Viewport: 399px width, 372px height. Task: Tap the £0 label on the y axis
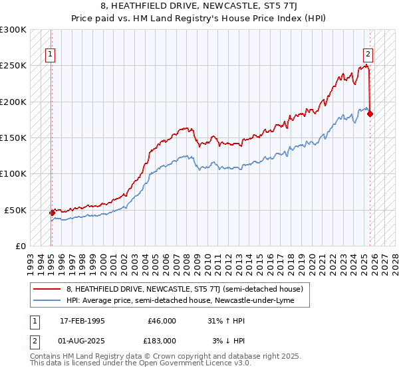coord(20,246)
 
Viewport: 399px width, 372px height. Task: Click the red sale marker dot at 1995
coord(52,213)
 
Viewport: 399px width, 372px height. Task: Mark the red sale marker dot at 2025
coord(370,114)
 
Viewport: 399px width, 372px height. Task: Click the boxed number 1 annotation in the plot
coord(50,55)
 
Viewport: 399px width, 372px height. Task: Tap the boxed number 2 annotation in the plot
coord(368,55)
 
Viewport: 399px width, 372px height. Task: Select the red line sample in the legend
coord(47,289)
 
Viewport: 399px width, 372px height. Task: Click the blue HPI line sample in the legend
coord(47,301)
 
